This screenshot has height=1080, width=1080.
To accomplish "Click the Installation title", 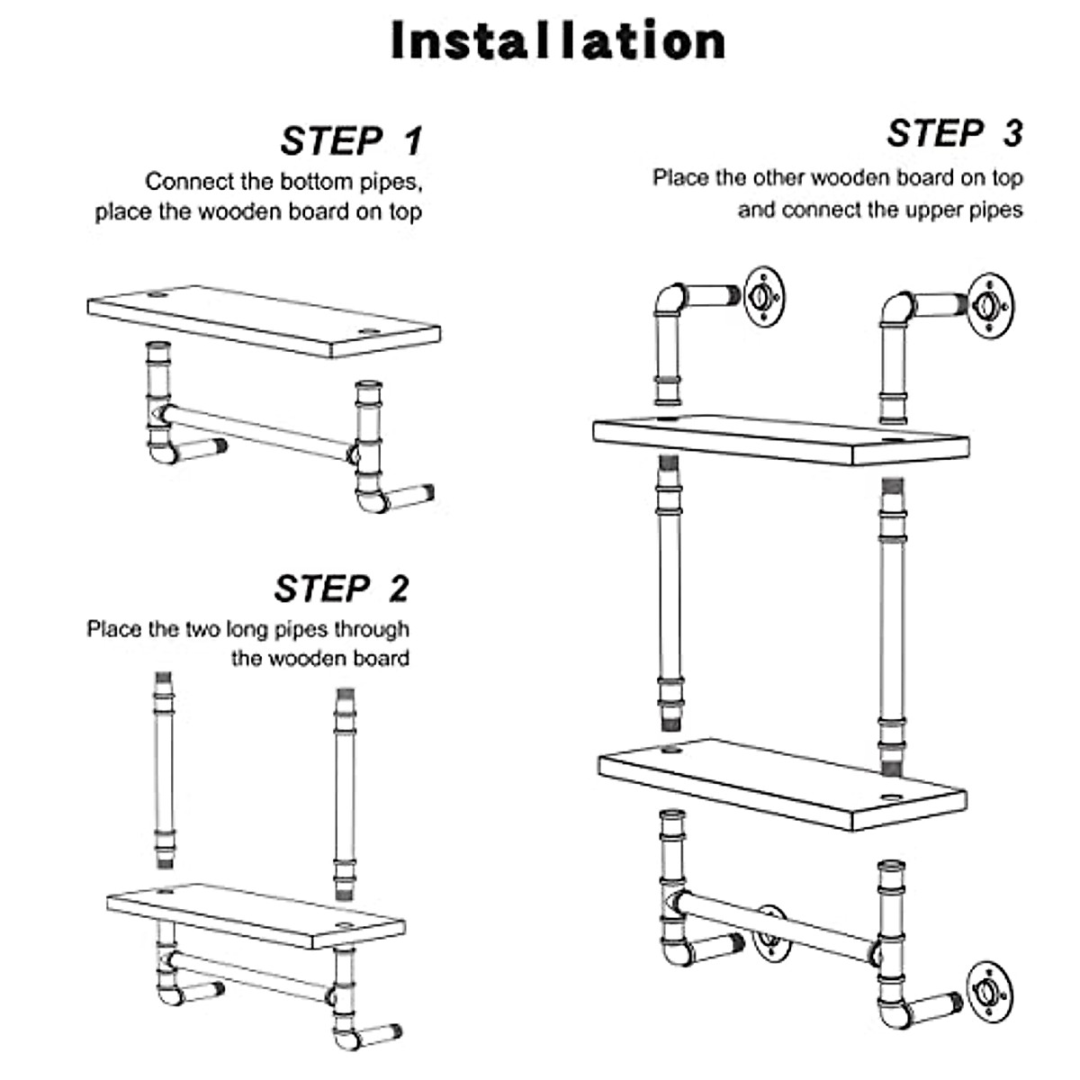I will point(558,41).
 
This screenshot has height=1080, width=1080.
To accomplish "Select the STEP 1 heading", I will point(350,141).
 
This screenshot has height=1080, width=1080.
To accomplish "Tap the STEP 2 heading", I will point(341,589).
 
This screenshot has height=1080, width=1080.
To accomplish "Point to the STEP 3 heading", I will point(954,133).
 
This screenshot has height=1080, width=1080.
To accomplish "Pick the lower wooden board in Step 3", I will point(781,779).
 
